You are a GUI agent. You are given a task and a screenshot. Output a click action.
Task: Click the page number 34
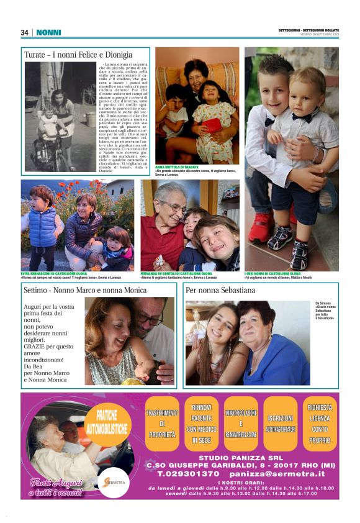[25, 32]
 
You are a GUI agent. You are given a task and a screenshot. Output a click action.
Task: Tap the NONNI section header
[49, 32]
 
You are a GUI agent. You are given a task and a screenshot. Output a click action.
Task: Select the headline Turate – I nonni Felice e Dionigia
[78, 55]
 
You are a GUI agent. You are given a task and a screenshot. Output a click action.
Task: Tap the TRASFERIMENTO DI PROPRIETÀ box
[161, 424]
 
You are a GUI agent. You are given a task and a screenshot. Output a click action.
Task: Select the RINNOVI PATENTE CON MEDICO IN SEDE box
[201, 424]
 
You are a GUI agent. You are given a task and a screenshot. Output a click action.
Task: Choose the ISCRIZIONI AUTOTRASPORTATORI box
[281, 424]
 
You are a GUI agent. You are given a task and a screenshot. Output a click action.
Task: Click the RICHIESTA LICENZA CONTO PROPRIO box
[320, 424]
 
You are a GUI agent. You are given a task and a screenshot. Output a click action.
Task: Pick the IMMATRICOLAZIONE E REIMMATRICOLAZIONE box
[241, 424]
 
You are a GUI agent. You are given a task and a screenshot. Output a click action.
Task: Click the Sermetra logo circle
[114, 482]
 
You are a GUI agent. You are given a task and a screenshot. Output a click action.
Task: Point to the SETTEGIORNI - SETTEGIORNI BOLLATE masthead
[308, 30]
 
